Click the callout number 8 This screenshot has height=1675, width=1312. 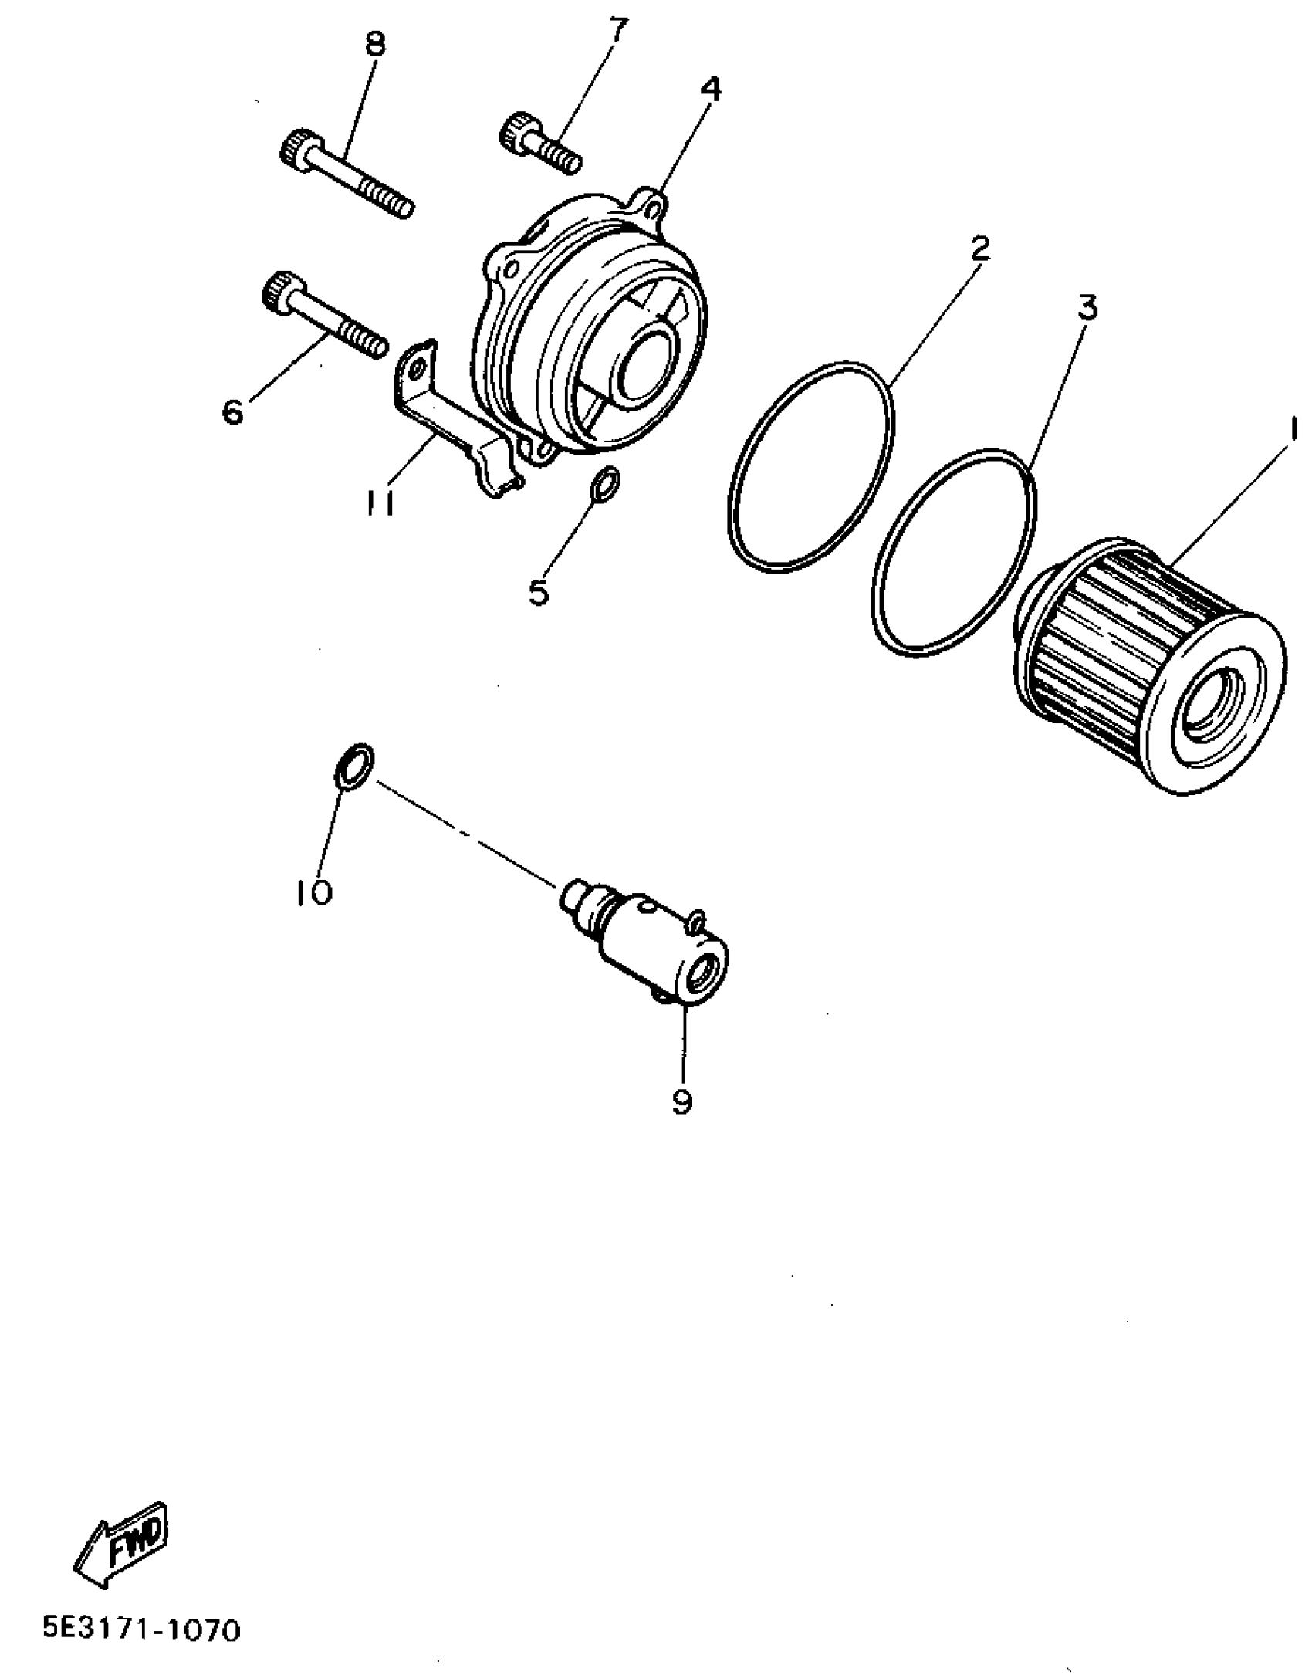click(x=374, y=44)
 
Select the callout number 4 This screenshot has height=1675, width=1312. click(x=710, y=90)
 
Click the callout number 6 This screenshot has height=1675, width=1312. click(x=232, y=411)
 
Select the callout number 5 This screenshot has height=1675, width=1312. click(x=538, y=592)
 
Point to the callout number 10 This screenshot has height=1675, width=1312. click(x=314, y=893)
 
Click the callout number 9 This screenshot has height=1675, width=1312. click(x=682, y=1101)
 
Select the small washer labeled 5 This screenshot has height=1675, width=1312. click(x=604, y=484)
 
